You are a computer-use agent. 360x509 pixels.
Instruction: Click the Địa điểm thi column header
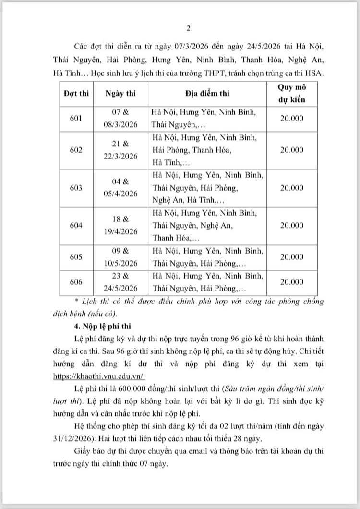[207, 93]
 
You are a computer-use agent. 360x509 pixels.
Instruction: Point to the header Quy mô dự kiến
[292, 93]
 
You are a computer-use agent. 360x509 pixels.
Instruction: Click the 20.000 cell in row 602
[292, 150]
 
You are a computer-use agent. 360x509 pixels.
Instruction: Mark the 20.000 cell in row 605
[292, 257]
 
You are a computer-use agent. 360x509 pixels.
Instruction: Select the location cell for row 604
[207, 226]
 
